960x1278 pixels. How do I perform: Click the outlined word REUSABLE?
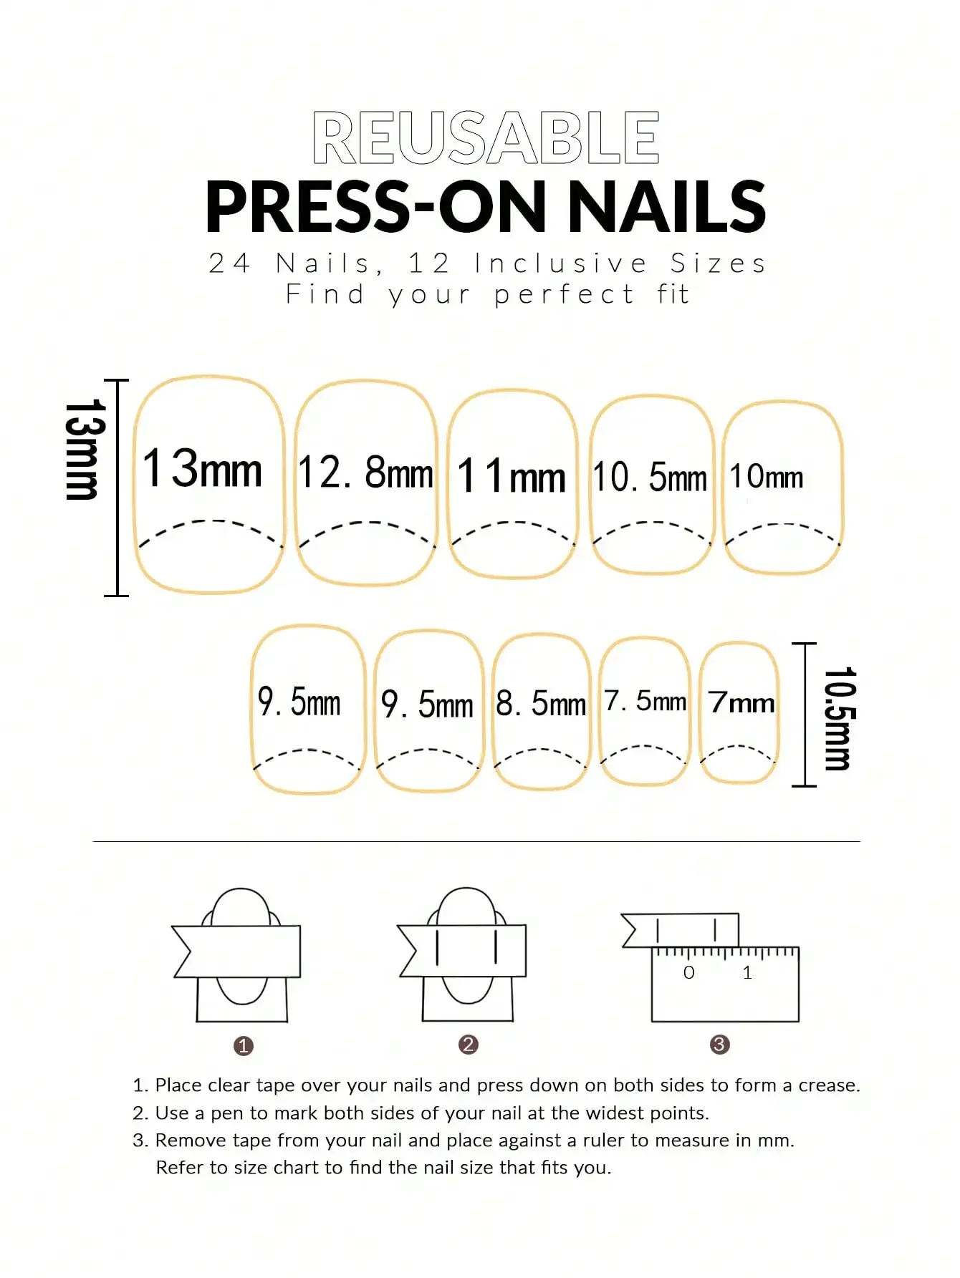(486, 137)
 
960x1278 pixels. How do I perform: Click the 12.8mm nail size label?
(365, 472)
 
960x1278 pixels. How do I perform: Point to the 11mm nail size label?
(511, 476)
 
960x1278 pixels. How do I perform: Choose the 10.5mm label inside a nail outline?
(650, 477)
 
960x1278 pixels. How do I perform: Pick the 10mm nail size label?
(766, 476)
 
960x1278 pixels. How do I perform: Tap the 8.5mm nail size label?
(541, 703)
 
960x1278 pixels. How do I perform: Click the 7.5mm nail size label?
(645, 701)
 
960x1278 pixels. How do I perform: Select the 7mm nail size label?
(741, 702)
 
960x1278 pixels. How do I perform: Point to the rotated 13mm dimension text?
(85, 450)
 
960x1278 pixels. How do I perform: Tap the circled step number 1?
(244, 1046)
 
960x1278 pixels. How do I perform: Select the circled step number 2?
(469, 1045)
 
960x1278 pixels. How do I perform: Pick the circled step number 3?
(719, 1045)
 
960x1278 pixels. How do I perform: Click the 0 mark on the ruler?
(688, 972)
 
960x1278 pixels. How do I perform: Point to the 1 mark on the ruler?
(747, 972)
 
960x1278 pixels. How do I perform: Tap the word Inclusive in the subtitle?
(561, 263)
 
